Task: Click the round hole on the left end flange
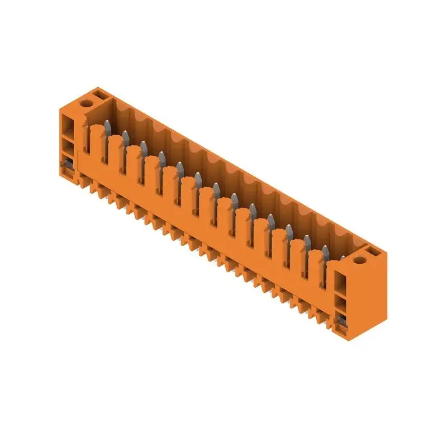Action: click(x=87, y=103)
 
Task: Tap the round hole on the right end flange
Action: click(x=359, y=259)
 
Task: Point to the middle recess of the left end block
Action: click(x=67, y=146)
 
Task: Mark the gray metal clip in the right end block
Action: click(x=340, y=320)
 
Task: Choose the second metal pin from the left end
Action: click(x=126, y=136)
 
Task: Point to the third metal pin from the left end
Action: click(x=144, y=146)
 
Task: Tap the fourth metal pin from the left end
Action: click(x=162, y=156)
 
